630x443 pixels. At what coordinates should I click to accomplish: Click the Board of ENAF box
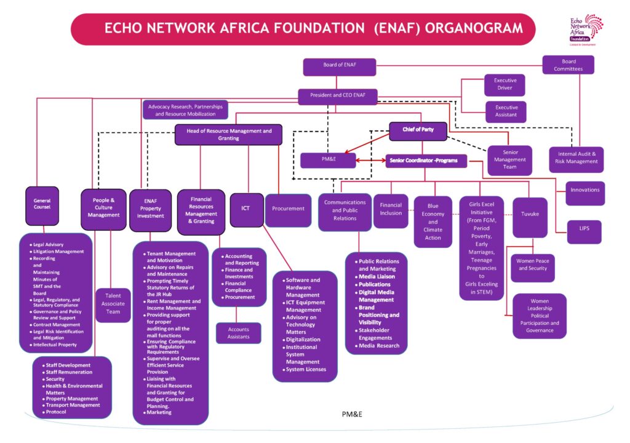(340, 65)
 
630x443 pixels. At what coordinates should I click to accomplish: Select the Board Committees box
(568, 65)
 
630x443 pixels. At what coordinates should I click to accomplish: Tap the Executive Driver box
(506, 84)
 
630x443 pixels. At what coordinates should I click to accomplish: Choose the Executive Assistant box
(506, 111)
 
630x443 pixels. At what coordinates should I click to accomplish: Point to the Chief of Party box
(417, 130)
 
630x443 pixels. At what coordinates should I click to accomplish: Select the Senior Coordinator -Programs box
(426, 161)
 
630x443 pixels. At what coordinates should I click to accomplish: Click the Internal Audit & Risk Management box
(576, 158)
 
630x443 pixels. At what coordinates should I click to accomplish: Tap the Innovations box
(584, 190)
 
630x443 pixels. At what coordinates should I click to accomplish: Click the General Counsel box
(42, 204)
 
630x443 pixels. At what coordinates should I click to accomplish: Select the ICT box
(246, 209)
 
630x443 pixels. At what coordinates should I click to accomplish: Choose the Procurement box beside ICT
(289, 209)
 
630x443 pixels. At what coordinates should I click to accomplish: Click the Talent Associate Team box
(113, 305)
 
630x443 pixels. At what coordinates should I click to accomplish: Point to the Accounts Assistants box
(238, 333)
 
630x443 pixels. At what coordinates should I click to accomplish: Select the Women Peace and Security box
(533, 265)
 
